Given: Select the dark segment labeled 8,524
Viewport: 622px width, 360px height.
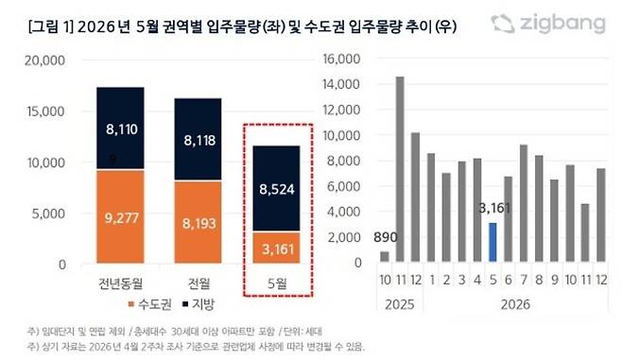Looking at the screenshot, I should [276, 188].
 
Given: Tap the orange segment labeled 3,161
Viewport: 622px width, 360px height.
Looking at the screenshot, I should [276, 247].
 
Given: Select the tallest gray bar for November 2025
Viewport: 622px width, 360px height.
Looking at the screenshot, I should [401, 168].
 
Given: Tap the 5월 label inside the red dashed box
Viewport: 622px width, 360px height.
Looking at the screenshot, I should [276, 282].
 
